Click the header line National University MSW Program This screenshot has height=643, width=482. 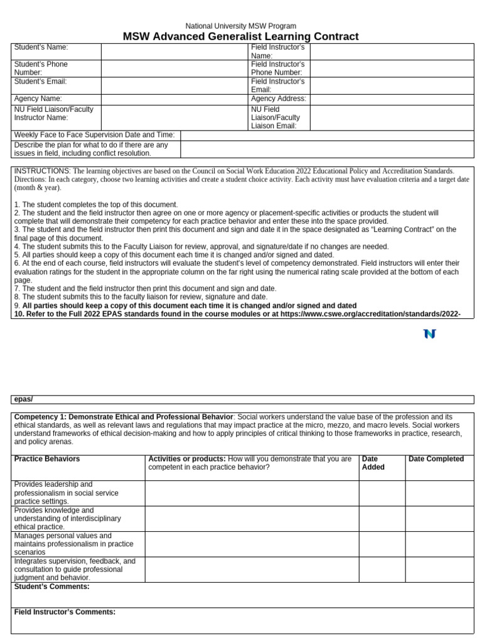pos(241,26)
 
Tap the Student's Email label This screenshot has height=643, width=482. pos(40,82)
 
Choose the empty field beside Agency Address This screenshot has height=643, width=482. pos(392,99)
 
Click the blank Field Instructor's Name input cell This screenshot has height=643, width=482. pos(392,51)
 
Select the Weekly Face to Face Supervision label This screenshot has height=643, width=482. pos(94,135)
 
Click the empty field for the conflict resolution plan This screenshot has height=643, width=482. pos(326,149)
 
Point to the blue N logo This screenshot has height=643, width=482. pos(429,334)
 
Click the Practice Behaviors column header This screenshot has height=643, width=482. pos(47,459)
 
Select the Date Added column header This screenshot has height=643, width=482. pos(373,463)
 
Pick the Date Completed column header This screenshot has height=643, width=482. pos(436,459)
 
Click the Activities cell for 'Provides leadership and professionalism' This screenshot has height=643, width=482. pos(252,493)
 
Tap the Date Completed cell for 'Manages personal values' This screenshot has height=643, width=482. pos(439,544)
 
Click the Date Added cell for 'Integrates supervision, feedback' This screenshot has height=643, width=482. pos(382,569)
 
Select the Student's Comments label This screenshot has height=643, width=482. pos(51,586)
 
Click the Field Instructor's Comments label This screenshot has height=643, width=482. pos(65,612)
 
